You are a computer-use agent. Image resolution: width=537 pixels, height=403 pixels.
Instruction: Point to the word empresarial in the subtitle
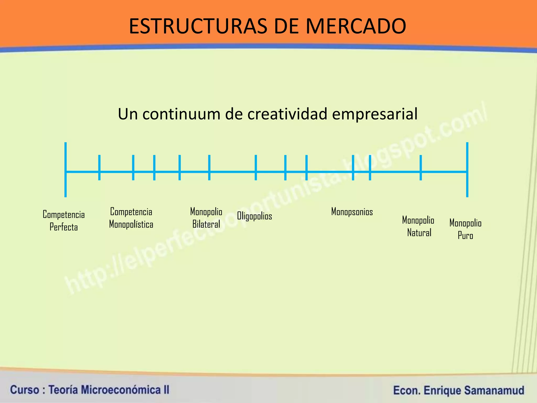(375, 114)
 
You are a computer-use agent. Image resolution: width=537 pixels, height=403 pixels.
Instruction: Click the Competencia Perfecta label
(64, 221)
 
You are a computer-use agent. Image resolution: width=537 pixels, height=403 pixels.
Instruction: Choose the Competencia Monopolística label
(131, 218)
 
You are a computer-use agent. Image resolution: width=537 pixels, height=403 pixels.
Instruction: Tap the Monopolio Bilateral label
(206, 218)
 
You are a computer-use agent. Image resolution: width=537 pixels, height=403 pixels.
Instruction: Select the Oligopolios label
(254, 216)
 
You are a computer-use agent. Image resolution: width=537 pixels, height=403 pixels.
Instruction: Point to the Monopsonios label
(352, 212)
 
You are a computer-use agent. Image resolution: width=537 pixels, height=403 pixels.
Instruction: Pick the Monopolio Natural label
(418, 226)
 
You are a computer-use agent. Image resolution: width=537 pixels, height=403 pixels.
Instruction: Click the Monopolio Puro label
(465, 229)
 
